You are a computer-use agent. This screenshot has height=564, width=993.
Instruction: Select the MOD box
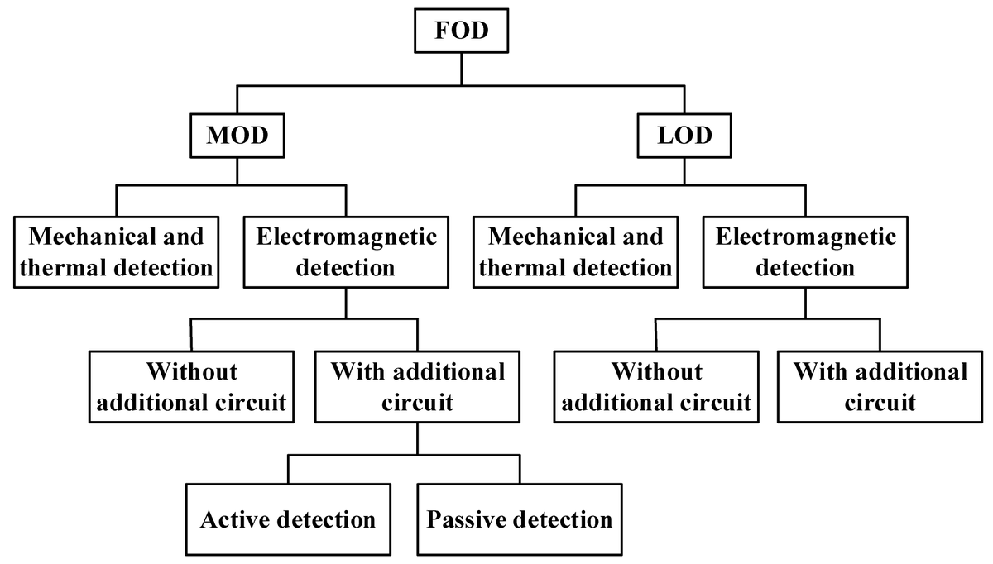(237, 136)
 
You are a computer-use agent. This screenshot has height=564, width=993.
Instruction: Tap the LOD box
(684, 136)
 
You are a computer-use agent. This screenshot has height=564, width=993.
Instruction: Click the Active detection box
(288, 519)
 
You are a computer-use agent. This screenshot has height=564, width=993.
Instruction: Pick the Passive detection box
(520, 519)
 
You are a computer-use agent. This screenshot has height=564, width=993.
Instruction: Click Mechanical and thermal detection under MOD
(117, 252)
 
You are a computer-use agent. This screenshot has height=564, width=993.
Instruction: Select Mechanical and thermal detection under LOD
(576, 252)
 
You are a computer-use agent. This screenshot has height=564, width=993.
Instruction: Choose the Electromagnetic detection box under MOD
(347, 252)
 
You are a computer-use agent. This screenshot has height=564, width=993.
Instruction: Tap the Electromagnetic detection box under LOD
(806, 252)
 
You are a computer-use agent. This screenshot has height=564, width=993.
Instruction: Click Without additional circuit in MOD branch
(192, 386)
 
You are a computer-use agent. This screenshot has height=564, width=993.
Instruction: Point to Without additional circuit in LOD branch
(656, 386)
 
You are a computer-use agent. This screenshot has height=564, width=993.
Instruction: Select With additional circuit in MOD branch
(417, 386)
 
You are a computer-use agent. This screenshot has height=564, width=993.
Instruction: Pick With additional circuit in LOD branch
(880, 386)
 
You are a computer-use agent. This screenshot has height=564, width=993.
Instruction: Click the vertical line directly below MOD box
(237, 171)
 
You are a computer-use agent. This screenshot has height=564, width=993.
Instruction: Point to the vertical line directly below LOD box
(684, 171)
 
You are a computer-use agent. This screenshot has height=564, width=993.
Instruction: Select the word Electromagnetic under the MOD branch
(347, 237)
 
